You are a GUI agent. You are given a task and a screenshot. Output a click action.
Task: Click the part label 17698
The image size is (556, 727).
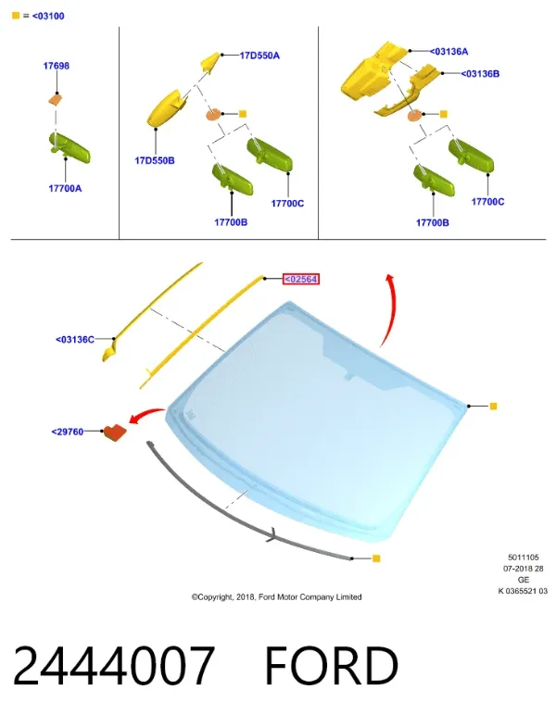[57, 66]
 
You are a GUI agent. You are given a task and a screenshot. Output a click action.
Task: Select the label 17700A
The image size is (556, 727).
[65, 188]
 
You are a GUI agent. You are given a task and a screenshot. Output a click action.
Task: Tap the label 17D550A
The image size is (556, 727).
[259, 56]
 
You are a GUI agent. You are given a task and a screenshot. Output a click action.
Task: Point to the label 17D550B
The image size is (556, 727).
[155, 160]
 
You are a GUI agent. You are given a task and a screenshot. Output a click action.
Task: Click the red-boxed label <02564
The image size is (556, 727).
[301, 279]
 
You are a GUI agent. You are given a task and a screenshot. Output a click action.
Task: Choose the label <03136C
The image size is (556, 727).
[75, 339]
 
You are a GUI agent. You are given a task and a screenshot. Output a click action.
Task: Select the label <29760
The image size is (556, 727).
[68, 432]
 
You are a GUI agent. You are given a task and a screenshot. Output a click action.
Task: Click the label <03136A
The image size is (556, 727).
[449, 52]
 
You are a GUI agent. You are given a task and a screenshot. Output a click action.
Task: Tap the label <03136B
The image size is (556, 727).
[480, 74]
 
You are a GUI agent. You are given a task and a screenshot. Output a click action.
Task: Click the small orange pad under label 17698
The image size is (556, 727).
[56, 99]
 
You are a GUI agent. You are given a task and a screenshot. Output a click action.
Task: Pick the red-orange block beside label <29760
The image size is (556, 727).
[115, 432]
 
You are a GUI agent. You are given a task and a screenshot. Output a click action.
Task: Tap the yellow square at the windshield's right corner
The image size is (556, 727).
[493, 407]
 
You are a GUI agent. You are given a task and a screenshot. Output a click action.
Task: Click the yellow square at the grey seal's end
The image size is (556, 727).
[376, 558]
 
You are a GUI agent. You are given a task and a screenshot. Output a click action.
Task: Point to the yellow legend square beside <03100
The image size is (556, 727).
[16, 16]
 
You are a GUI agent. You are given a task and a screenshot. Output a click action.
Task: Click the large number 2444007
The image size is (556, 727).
[114, 666]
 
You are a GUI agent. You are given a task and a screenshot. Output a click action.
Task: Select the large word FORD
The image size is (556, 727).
[332, 666]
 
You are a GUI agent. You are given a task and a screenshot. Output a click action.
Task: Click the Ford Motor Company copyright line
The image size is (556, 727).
[276, 597]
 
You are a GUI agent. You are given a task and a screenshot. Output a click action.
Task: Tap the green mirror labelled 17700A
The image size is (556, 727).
[69, 147]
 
